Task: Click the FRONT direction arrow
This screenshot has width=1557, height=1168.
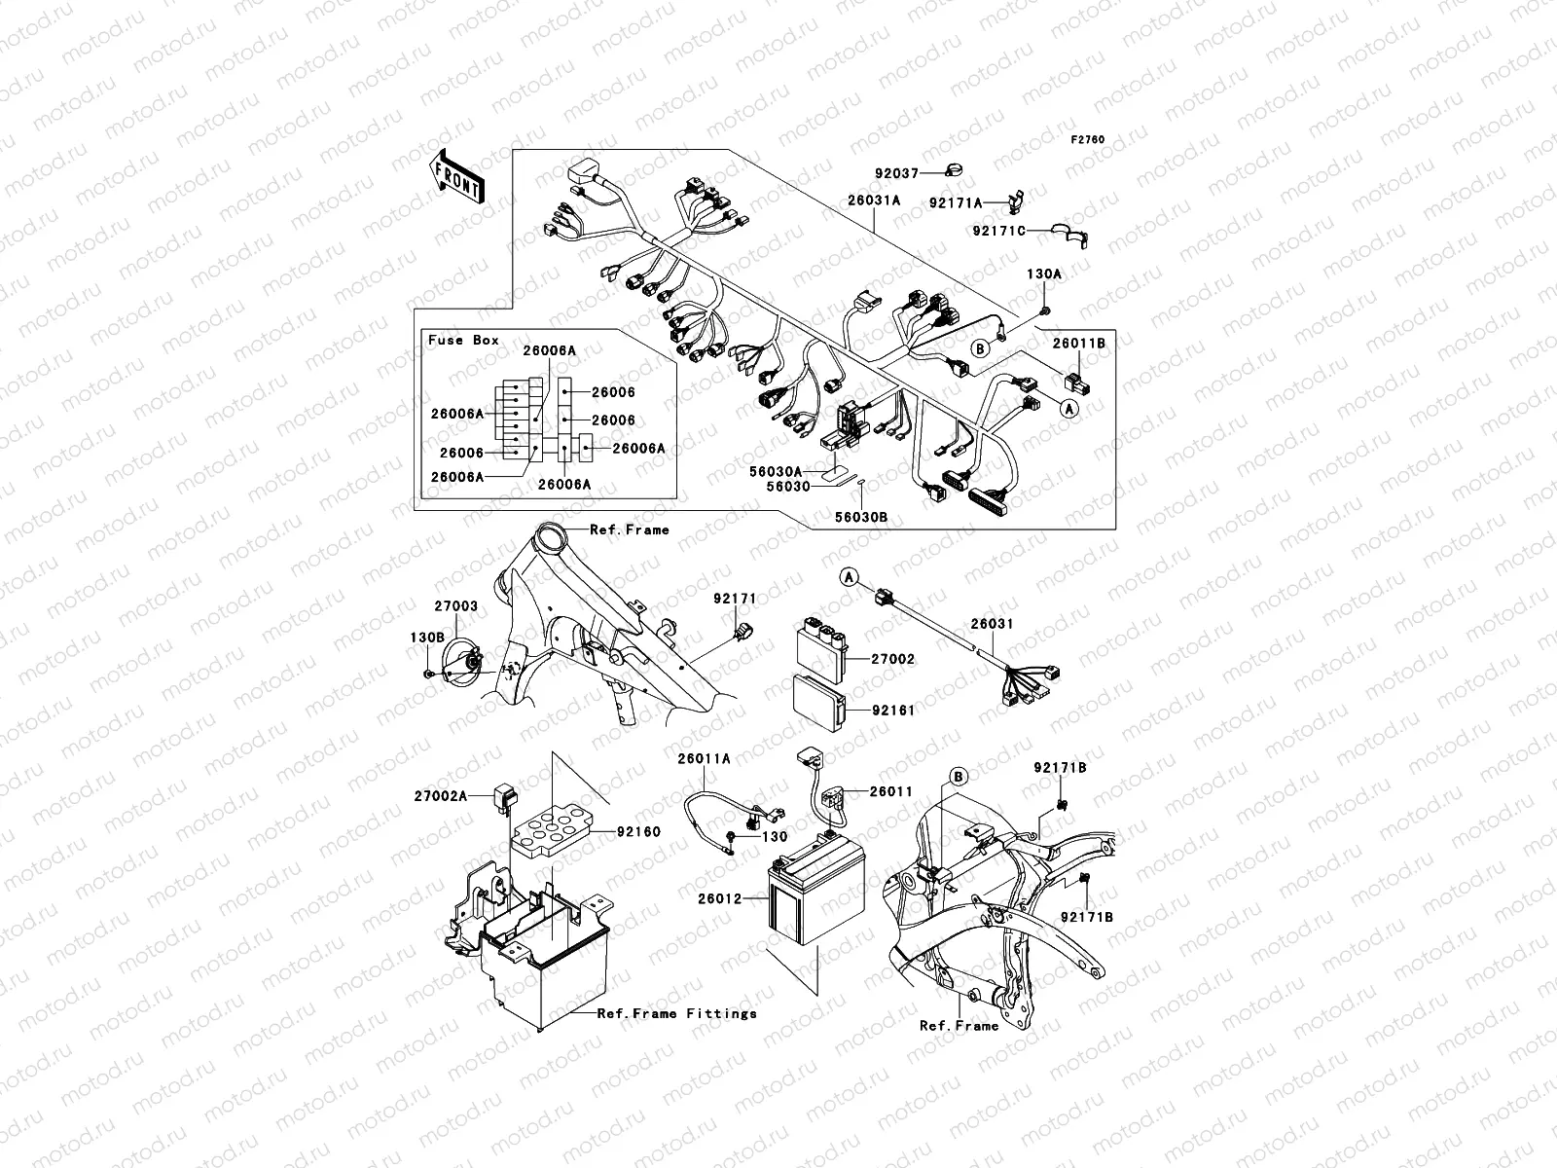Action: coord(457,176)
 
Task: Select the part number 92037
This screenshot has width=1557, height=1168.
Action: coord(895,173)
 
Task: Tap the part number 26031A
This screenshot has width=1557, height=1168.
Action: coord(873,201)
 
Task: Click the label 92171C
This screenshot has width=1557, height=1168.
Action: coord(998,231)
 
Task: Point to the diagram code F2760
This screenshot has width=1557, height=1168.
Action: coord(1088,140)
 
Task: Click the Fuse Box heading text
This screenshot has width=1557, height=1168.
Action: coord(463,340)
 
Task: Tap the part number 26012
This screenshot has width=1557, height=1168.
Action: coord(720,898)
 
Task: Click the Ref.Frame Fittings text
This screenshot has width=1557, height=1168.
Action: coord(676,1013)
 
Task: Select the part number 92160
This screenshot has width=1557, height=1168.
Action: coord(637,832)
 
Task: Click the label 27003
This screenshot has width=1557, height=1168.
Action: coord(455,605)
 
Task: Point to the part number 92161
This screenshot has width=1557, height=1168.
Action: coord(892,711)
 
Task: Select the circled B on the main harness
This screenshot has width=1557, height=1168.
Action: coord(980,347)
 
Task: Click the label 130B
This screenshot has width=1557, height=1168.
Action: coord(426,638)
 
